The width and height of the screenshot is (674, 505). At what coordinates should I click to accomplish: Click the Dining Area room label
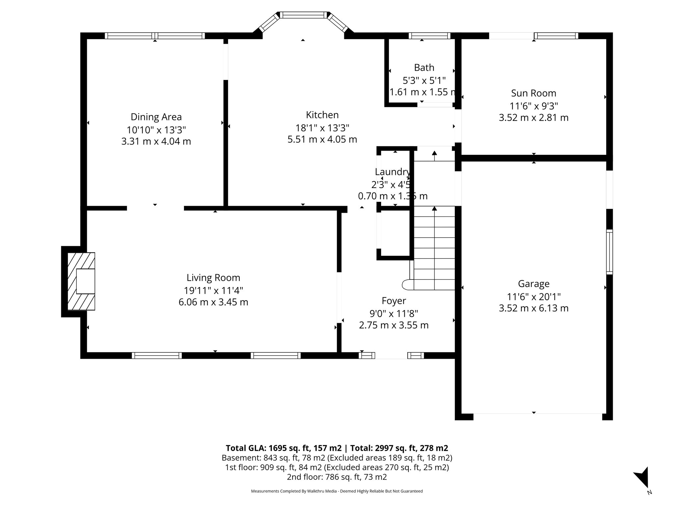[156, 117]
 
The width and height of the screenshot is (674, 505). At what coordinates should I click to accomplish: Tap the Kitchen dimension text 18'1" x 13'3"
[322, 128]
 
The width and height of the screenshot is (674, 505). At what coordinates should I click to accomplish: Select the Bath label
[424, 67]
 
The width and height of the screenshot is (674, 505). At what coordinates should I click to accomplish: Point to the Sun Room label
[533, 93]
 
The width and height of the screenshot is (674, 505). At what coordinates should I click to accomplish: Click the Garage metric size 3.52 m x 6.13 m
[533, 308]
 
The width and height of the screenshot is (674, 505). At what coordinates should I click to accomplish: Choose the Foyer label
[394, 301]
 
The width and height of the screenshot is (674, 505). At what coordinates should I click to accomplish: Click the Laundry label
[392, 172]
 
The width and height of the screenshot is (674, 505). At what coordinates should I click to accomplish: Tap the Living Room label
[213, 277]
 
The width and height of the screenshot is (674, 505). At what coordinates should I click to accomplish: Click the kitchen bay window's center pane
[303, 15]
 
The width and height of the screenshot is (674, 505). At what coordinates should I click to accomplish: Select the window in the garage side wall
[609, 252]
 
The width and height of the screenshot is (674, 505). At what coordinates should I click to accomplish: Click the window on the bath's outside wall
[429, 36]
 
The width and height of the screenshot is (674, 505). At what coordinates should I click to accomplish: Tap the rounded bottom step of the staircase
[407, 285]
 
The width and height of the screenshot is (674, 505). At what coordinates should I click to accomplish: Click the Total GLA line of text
[337, 448]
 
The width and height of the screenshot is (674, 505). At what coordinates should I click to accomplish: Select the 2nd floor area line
[337, 477]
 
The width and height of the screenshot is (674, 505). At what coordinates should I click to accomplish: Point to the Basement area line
[337, 458]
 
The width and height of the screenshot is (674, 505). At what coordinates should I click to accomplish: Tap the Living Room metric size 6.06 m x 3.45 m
[213, 302]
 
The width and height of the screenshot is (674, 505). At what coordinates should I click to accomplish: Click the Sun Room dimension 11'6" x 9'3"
[533, 106]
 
